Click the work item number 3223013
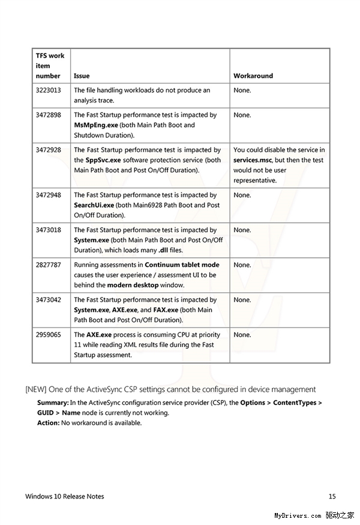[48, 91]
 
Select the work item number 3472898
[48, 115]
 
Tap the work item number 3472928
[48, 150]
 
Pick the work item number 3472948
[48, 195]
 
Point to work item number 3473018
[48, 230]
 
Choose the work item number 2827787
[48, 265]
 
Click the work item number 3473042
[48, 300]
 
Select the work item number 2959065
[48, 335]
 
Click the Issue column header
[82, 76]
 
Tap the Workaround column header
[253, 76]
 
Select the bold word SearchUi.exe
[94, 205]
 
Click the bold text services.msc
[254, 160]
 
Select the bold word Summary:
[53, 403]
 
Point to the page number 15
[332, 496]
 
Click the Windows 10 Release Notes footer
[65, 496]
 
